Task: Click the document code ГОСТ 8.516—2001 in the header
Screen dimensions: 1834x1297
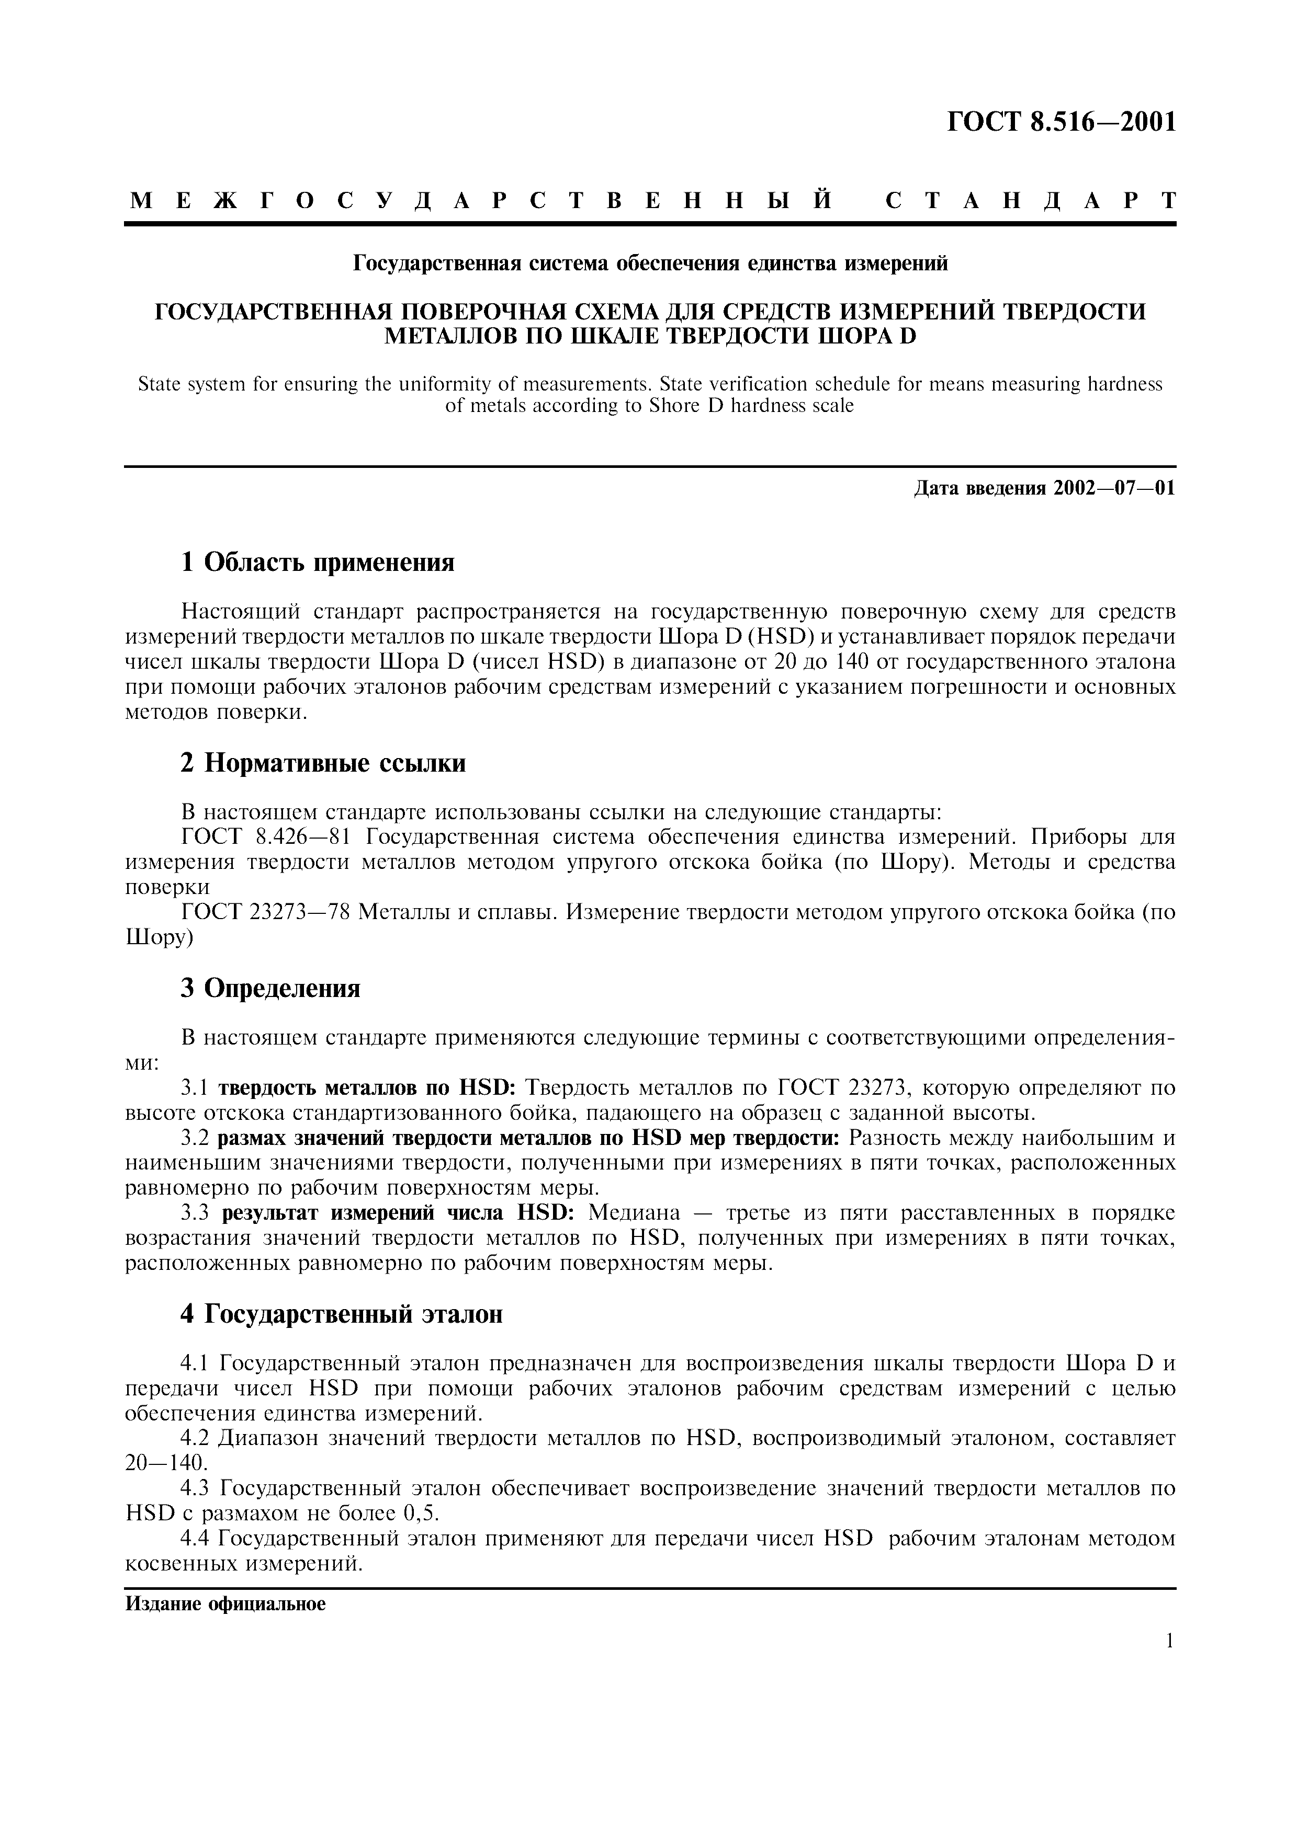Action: [1061, 122]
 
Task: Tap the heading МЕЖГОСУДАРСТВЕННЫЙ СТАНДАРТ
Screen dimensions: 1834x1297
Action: [651, 200]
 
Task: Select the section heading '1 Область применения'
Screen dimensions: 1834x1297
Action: [318, 563]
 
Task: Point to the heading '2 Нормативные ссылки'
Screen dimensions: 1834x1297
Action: [324, 764]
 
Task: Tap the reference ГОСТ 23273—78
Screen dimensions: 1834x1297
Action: [266, 912]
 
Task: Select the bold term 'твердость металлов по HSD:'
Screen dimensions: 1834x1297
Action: [368, 1088]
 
